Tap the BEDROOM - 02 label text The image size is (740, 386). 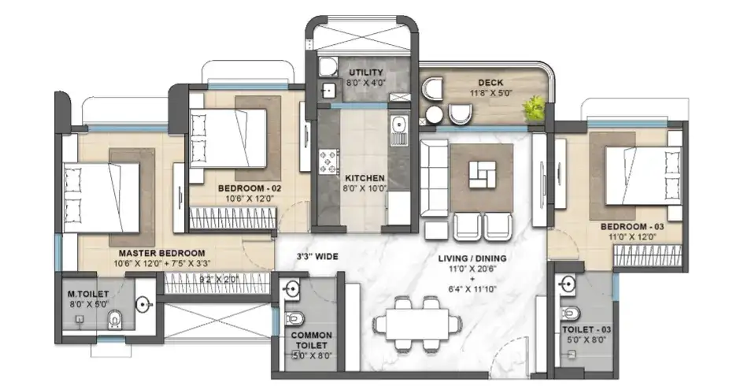tap(250, 189)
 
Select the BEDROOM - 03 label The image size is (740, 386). tap(633, 227)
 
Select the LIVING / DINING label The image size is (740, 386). tap(473, 258)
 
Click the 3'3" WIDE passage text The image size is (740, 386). tap(317, 257)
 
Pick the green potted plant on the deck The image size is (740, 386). tap(536, 108)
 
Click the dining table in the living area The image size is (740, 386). tap(415, 324)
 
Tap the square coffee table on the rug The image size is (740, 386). tap(481, 174)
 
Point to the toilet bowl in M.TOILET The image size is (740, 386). tap(116, 320)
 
